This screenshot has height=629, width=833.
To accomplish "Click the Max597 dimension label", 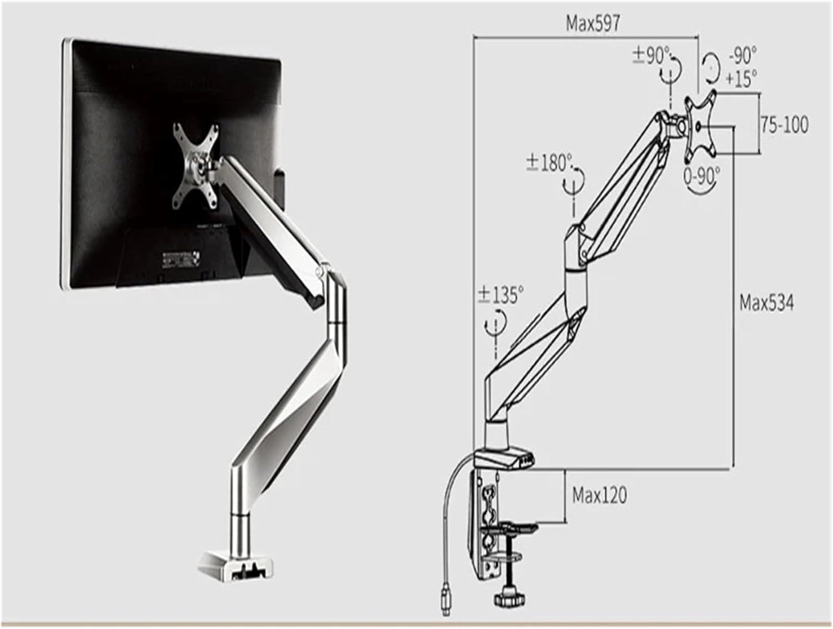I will click(x=593, y=24).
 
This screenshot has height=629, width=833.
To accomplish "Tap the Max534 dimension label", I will click(x=766, y=303).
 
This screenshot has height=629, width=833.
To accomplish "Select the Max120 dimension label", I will click(x=599, y=495).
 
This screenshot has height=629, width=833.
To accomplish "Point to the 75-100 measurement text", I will click(x=784, y=125).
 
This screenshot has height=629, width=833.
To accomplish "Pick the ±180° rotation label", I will click(x=549, y=163).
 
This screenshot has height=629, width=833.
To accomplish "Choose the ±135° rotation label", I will click(x=500, y=295).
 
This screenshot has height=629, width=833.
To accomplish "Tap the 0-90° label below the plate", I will click(x=701, y=176).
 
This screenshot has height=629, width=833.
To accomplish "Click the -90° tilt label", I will click(x=742, y=56).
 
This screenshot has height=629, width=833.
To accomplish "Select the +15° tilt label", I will click(x=741, y=79).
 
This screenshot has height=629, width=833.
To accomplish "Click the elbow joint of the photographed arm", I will click(x=334, y=300).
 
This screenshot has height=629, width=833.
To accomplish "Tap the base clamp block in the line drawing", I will click(x=504, y=459).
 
